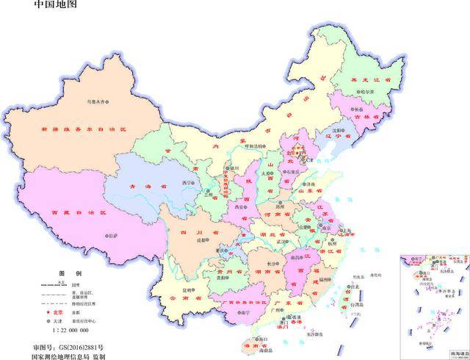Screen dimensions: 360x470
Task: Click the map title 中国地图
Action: click(x=55, y=7)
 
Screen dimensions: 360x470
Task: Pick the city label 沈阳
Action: click(x=338, y=129)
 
